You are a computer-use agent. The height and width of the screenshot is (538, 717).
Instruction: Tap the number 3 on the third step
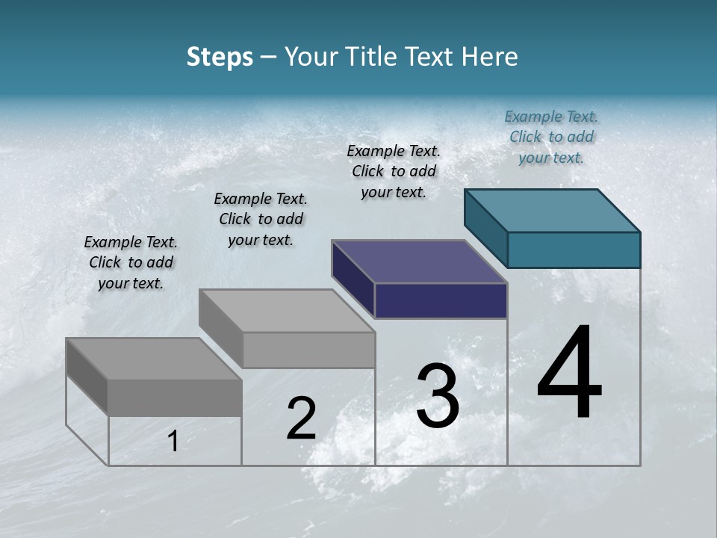(x=438, y=396)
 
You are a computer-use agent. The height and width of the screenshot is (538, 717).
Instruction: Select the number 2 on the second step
(x=302, y=418)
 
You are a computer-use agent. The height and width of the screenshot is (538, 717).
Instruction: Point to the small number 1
(x=173, y=442)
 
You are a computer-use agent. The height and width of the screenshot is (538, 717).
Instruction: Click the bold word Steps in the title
(x=220, y=57)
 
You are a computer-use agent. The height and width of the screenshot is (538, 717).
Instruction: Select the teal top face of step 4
(x=553, y=210)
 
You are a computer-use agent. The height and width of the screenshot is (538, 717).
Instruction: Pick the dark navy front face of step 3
(x=441, y=301)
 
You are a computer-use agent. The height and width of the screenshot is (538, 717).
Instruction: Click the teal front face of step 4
(x=574, y=250)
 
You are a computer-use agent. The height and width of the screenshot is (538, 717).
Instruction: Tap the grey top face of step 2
(x=287, y=311)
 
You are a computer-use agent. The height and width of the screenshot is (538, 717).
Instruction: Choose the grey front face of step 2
(x=308, y=350)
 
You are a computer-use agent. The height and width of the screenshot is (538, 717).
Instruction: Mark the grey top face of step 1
(x=154, y=359)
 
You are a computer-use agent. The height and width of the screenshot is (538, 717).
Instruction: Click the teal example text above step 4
(x=551, y=137)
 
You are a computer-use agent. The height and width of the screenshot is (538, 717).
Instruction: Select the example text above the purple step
(x=394, y=171)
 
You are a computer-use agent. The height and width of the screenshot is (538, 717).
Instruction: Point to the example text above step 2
(x=261, y=219)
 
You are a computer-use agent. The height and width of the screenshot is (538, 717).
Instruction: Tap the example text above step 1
(x=131, y=262)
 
